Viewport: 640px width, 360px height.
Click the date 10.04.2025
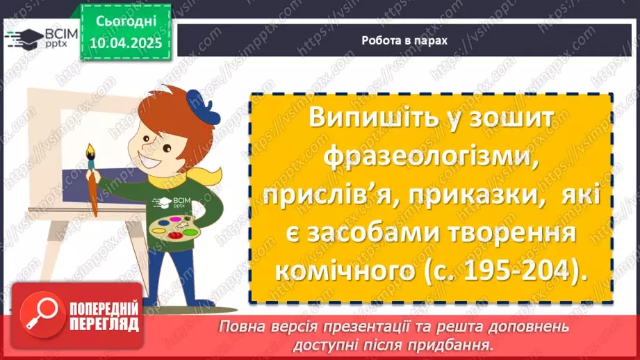point(125,42)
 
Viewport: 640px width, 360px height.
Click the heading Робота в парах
point(404,40)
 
